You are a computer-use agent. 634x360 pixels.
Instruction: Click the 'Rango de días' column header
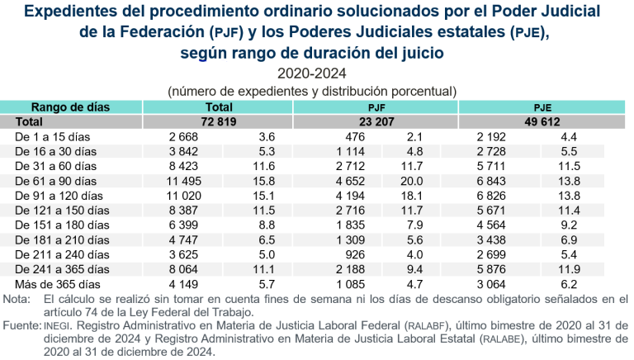click(x=65, y=107)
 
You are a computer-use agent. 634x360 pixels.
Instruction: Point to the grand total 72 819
click(x=218, y=121)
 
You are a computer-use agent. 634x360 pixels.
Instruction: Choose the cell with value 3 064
click(x=495, y=284)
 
